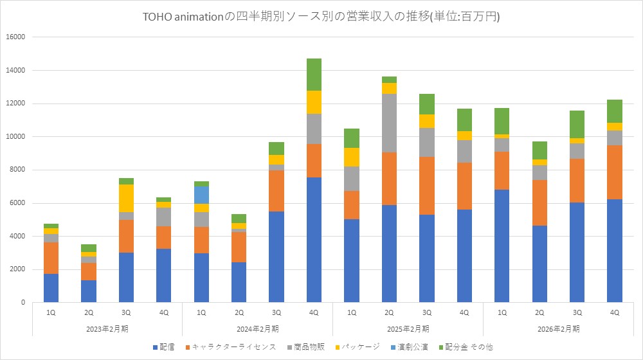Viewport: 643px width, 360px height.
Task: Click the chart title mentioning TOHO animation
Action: [x=321, y=17]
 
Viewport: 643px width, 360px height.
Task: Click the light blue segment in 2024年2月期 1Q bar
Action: [x=201, y=195]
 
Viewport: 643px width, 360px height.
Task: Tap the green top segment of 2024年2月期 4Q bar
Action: [x=314, y=75]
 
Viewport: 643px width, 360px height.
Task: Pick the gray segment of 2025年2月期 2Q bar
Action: [x=389, y=123]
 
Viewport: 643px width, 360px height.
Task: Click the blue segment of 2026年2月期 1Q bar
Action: [x=502, y=246]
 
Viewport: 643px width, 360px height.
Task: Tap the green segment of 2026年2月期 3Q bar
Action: [x=577, y=124]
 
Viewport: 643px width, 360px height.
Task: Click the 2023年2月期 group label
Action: [x=107, y=328]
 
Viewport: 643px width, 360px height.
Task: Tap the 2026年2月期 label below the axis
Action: [x=558, y=328]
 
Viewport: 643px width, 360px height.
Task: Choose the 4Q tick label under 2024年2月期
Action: [x=314, y=312]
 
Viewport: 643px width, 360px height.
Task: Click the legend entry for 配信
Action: [x=165, y=347]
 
